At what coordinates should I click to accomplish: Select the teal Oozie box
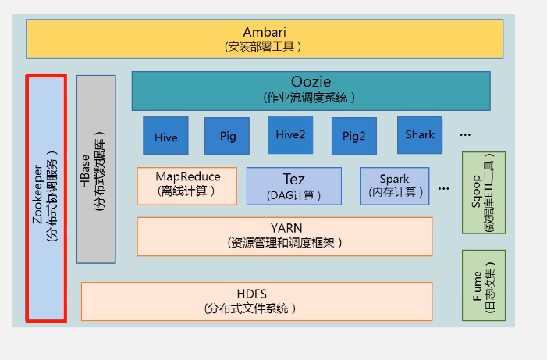311,91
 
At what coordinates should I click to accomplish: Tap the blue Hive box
165,137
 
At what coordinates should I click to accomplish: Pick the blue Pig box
227,136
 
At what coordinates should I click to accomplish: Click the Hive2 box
290,135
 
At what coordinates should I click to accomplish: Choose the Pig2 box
353,136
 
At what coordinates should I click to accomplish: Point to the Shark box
420,134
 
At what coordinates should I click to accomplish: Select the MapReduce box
187,184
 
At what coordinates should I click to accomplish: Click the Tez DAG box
294,186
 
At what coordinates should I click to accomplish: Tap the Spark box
394,185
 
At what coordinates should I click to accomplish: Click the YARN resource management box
285,236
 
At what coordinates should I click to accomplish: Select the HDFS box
257,301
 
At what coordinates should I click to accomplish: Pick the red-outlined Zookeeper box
46,198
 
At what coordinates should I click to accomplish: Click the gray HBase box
96,169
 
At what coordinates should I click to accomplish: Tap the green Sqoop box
483,193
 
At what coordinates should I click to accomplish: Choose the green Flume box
483,285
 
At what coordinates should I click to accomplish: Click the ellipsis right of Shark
465,135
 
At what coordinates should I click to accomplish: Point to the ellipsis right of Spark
444,188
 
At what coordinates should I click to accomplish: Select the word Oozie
311,82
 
